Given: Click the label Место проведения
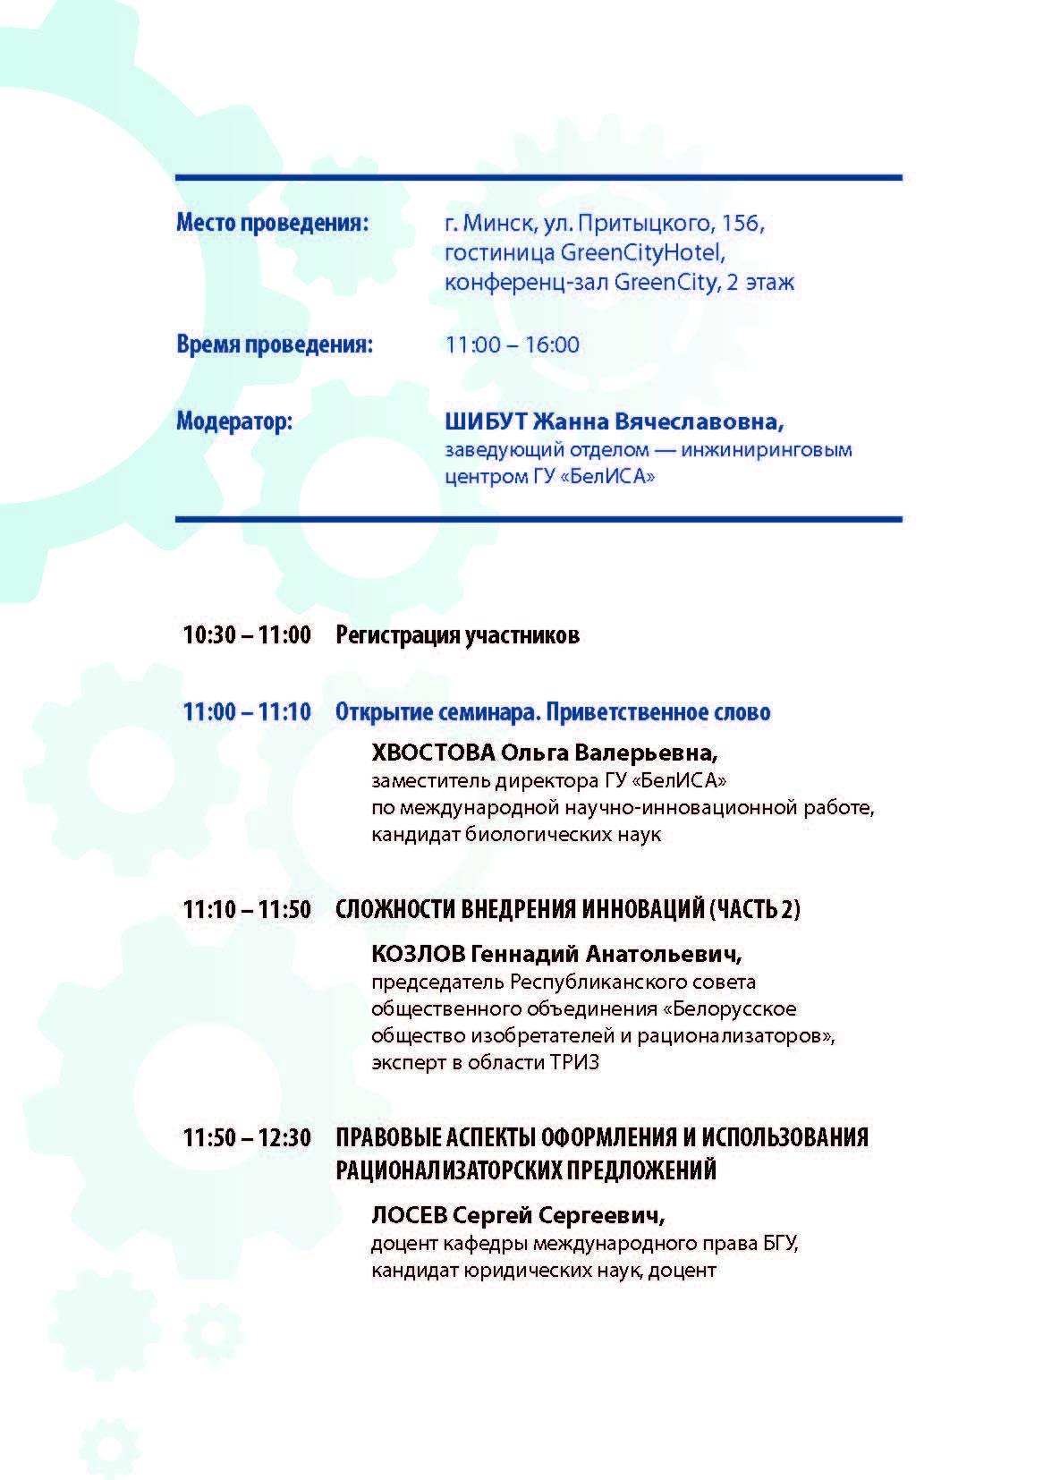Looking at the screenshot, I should [x=272, y=222].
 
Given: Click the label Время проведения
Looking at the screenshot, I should [x=274, y=344].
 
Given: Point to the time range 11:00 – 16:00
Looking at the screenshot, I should [x=512, y=344].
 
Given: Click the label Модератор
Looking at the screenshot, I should [x=234, y=421].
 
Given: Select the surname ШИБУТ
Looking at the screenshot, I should [x=486, y=421].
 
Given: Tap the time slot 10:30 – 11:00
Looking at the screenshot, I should [x=247, y=635].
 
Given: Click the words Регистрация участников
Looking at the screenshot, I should [x=457, y=635].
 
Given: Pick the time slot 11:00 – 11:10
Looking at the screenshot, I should [x=247, y=712].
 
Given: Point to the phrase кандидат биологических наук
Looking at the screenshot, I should [x=516, y=835].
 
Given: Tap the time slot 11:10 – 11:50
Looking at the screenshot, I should [x=247, y=909].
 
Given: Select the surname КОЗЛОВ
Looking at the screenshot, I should [x=417, y=953].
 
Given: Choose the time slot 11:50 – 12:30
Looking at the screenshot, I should [x=247, y=1137].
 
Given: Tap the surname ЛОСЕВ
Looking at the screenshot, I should [x=409, y=1215].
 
